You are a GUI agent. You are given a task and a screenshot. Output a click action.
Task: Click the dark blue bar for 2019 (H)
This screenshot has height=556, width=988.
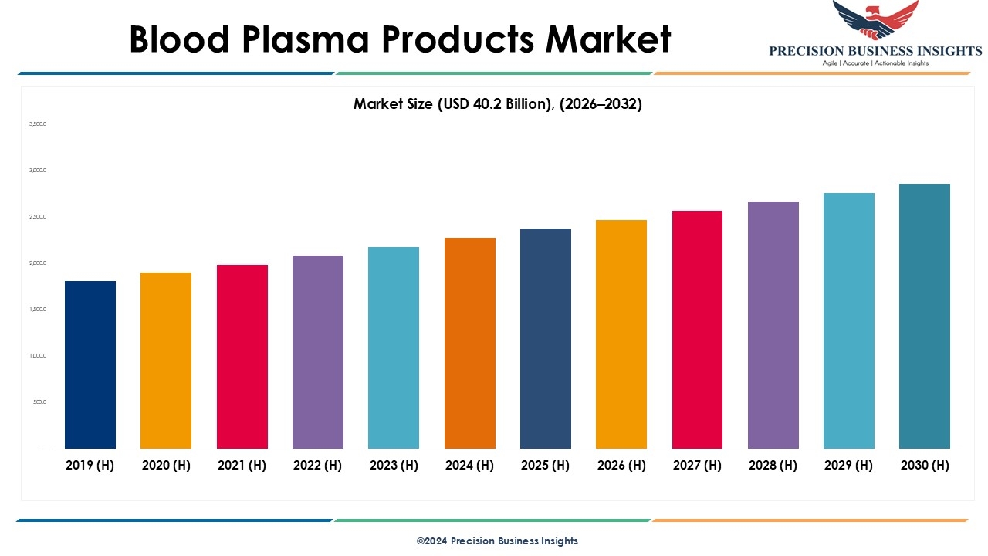point(90,364)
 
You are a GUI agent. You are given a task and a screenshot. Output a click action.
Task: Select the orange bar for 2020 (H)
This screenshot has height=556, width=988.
point(166,360)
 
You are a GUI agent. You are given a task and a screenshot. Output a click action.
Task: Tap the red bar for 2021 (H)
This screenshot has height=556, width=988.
point(242,356)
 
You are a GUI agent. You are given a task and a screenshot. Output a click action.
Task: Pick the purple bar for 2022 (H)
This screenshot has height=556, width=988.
point(318,351)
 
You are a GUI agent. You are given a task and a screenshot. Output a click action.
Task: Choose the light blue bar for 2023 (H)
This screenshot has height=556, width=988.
point(394,347)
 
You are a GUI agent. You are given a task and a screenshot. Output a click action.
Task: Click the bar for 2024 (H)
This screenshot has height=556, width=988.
point(470,343)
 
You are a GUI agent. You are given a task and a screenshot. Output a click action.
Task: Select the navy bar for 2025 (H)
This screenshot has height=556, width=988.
point(546,338)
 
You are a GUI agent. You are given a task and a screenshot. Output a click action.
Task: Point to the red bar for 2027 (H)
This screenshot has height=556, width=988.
point(698,330)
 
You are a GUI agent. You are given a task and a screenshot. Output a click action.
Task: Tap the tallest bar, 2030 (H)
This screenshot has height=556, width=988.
point(925,316)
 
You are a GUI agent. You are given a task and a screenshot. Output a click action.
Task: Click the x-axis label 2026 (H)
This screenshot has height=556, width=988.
point(621,465)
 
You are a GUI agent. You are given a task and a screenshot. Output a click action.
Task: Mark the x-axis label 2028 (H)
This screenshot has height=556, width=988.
point(773,465)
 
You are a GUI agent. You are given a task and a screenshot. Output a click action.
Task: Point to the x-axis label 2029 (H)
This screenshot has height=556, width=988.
point(849,465)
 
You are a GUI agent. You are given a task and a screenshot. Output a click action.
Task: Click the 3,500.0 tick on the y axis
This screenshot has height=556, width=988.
point(38,124)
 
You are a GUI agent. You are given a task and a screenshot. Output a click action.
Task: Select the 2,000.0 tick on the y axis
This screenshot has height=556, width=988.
point(38,263)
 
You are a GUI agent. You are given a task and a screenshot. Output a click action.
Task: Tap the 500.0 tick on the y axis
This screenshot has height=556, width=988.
point(39,402)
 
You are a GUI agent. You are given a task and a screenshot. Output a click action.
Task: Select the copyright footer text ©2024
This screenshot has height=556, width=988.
point(431,541)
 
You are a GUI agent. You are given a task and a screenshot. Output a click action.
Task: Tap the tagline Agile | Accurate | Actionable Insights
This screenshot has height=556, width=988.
point(875,63)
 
